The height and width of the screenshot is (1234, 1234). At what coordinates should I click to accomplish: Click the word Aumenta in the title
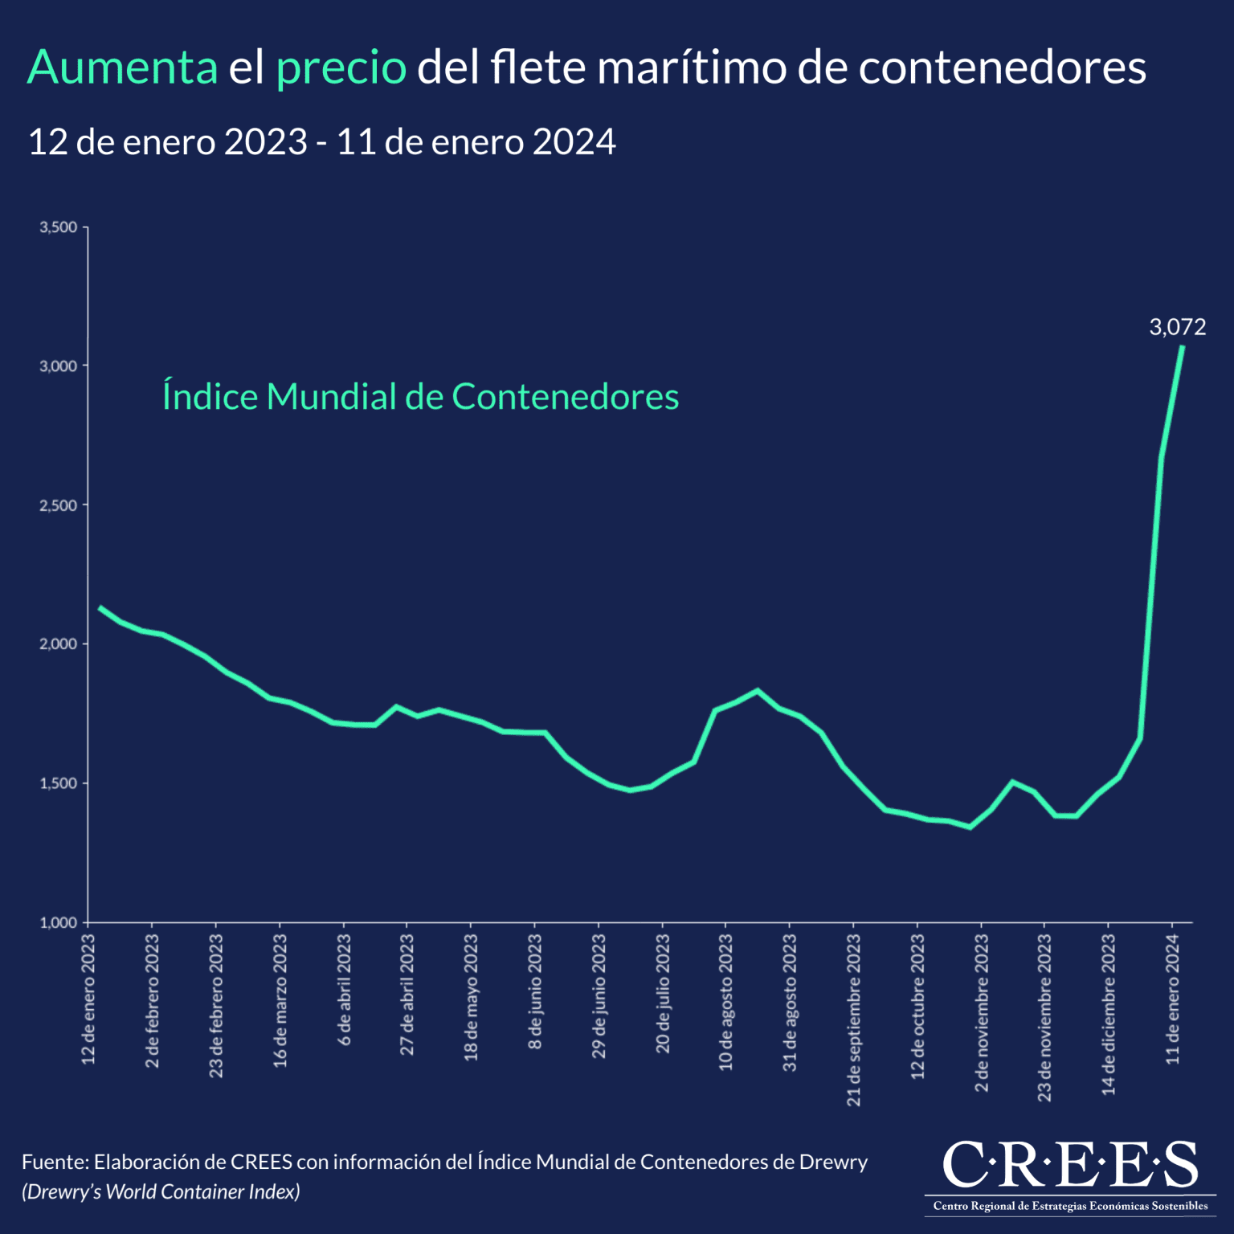pyautogui.click(x=122, y=67)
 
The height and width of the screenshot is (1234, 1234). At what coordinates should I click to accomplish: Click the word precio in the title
pyautogui.click(x=341, y=67)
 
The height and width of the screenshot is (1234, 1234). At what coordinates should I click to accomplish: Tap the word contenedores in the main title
pyautogui.click(x=1002, y=67)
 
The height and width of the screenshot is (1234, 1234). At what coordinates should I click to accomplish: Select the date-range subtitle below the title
pyautogui.click(x=321, y=142)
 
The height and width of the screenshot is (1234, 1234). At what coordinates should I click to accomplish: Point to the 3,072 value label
pyautogui.click(x=1177, y=327)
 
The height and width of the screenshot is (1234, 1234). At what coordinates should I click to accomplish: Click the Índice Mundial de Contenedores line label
pyautogui.click(x=420, y=397)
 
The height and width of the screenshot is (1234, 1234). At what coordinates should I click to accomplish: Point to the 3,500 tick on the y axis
pyautogui.click(x=59, y=227)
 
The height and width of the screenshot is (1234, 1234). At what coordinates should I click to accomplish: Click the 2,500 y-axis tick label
pyautogui.click(x=59, y=505)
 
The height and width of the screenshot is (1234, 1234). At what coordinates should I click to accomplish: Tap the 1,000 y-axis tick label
pyautogui.click(x=59, y=922)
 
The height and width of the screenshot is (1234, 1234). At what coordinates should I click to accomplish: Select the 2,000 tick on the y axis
pyautogui.click(x=59, y=644)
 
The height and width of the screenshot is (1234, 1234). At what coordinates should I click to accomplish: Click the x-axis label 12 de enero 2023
pyautogui.click(x=88, y=999)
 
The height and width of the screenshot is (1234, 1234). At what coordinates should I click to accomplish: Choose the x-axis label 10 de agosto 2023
pyautogui.click(x=725, y=1002)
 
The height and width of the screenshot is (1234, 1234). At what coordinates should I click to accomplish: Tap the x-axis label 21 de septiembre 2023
pyautogui.click(x=853, y=1019)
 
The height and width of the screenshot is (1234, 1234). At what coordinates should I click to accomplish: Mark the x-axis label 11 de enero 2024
pyautogui.click(x=1172, y=999)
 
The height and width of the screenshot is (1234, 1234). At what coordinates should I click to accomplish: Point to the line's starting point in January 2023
pyautogui.click(x=100, y=607)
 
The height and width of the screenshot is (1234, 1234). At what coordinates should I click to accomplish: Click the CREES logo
pyautogui.click(x=1069, y=1175)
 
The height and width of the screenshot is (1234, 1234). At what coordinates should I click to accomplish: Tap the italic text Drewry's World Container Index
pyautogui.click(x=161, y=1192)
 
